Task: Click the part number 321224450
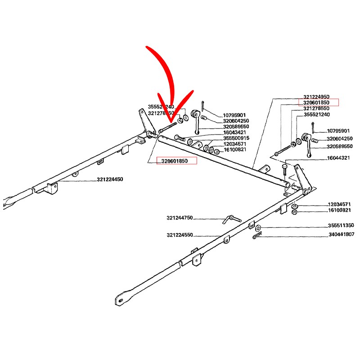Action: (110, 180)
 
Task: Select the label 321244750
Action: (180, 218)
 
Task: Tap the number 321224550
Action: (180, 235)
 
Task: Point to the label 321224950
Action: (316, 97)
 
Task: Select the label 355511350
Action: (340, 225)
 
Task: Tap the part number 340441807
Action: (340, 234)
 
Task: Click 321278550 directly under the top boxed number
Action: (316, 108)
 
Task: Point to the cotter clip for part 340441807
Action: (257, 236)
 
